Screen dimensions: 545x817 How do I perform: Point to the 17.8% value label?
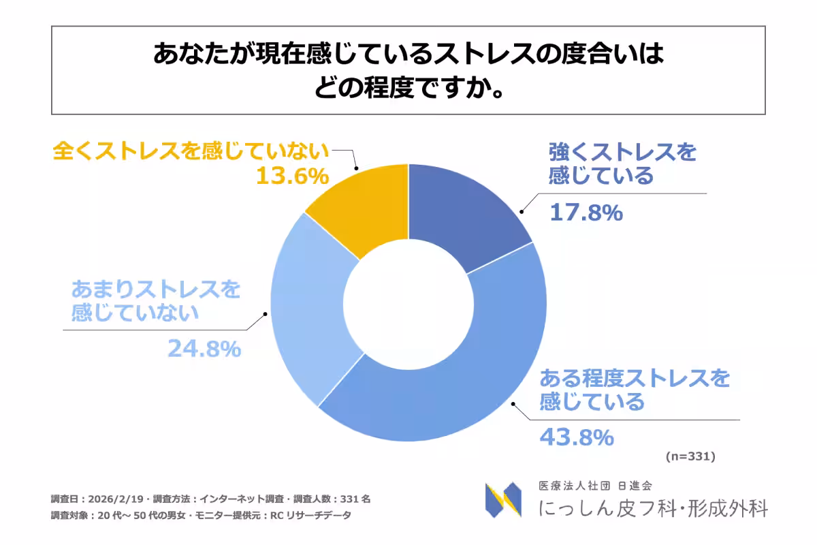(586, 213)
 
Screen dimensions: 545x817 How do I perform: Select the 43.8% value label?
(577, 437)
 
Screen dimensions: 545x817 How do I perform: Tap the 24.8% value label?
(204, 349)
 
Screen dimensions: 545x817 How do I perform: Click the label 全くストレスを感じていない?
(191, 151)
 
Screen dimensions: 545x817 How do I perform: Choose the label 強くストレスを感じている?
(622, 163)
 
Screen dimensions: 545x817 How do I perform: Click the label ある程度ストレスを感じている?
(634, 389)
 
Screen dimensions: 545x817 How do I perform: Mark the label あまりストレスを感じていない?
(156, 300)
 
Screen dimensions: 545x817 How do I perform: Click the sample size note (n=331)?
(688, 456)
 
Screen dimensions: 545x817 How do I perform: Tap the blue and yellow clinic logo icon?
(503, 500)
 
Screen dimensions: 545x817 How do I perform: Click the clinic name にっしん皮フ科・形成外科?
(652, 508)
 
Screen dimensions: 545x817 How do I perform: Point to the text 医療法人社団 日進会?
(595, 486)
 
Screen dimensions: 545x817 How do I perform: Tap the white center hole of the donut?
(408, 302)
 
